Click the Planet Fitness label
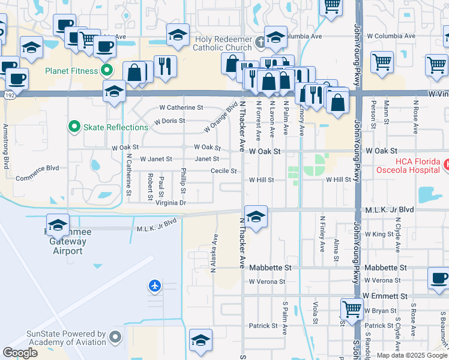point(71,71)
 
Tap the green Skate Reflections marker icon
point(74,127)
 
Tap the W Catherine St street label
point(181,108)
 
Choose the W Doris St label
point(169,121)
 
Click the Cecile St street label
point(223,171)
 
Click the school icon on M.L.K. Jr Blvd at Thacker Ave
point(256,217)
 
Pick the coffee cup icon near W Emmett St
point(439,278)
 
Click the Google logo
point(20,353)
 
